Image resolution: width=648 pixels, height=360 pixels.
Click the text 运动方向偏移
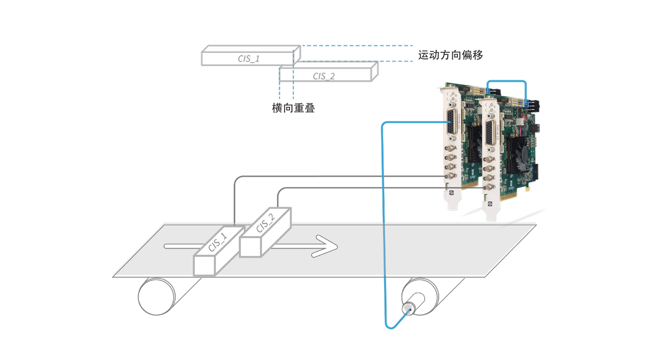click(450, 55)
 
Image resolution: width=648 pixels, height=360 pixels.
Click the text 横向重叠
click(293, 108)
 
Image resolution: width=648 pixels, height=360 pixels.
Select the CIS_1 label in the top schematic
click(249, 59)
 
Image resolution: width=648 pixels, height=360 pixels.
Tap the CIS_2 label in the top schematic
click(324, 77)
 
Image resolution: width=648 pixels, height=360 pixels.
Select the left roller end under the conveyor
click(156, 296)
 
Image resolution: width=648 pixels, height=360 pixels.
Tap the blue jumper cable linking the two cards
click(506, 81)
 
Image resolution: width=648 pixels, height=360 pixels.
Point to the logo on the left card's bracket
click(451, 192)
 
